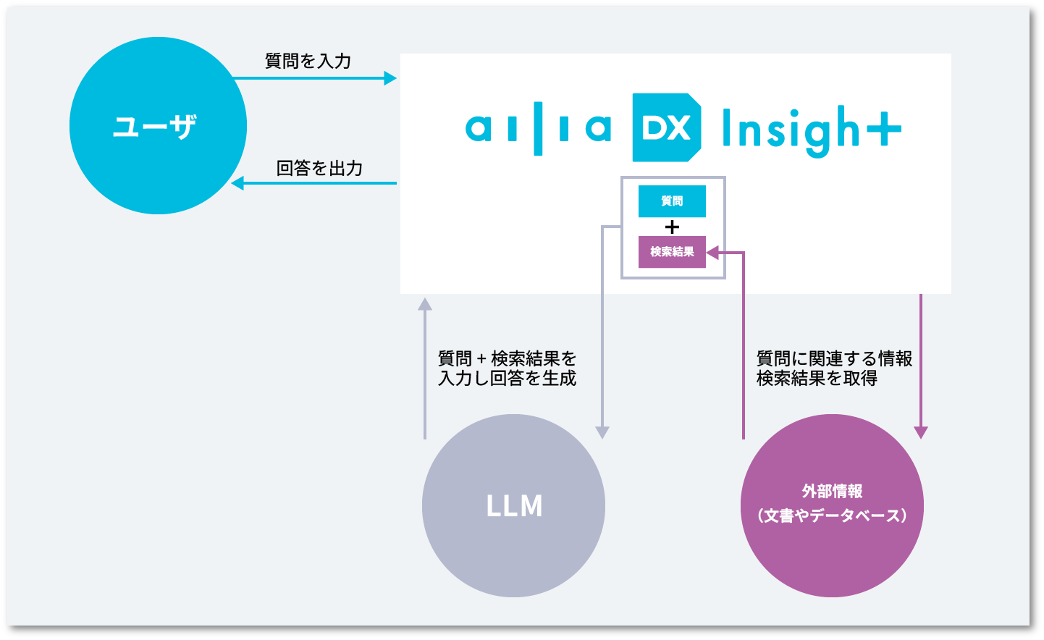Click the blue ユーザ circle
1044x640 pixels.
(158, 126)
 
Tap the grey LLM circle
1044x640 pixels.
(513, 505)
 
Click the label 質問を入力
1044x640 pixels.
(308, 61)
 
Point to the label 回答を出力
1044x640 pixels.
(319, 168)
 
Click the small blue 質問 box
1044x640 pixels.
(672, 201)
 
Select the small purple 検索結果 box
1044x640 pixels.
(672, 252)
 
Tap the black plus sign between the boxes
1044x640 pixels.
(672, 227)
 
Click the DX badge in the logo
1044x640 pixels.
(666, 127)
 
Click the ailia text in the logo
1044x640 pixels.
(538, 129)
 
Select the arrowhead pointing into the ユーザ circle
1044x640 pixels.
(237, 183)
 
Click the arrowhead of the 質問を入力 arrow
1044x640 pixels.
(390, 77)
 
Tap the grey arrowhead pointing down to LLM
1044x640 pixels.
(602, 432)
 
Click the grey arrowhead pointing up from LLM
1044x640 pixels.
(425, 304)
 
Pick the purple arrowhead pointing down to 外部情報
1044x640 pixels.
(920, 432)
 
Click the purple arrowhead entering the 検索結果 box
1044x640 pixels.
(712, 253)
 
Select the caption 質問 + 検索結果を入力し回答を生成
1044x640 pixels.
(507, 369)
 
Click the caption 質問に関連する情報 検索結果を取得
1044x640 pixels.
(833, 369)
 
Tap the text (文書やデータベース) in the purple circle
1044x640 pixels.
(832, 515)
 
